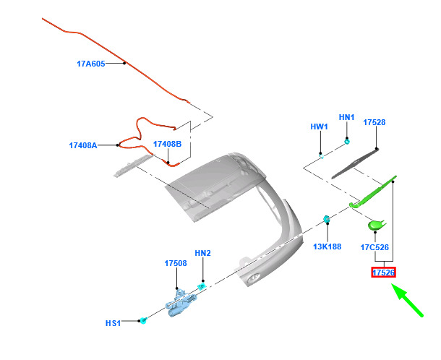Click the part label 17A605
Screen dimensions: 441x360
point(91,64)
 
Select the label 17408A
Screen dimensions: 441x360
point(83,145)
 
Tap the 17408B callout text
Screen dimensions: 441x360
point(167,144)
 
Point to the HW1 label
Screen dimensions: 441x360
point(320,127)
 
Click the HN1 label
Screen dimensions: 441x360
point(346,117)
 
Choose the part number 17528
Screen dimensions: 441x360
point(374,122)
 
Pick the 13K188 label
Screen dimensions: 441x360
point(327,247)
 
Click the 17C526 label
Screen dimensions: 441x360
point(374,247)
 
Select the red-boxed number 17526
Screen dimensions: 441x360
point(383,273)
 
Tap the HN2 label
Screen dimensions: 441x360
point(202,253)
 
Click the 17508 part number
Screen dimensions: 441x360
point(176,263)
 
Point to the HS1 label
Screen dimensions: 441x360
point(113,323)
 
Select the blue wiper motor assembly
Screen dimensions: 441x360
point(180,303)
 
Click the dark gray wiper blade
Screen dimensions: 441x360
point(355,163)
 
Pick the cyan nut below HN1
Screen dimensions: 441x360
point(347,141)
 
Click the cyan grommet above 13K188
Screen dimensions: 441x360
point(327,219)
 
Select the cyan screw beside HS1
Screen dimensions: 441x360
point(143,320)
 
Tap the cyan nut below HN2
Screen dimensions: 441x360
point(202,287)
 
